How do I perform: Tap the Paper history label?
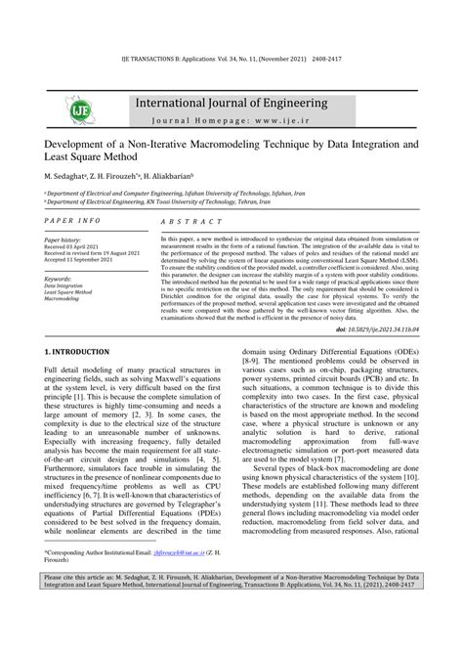click(x=63, y=240)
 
